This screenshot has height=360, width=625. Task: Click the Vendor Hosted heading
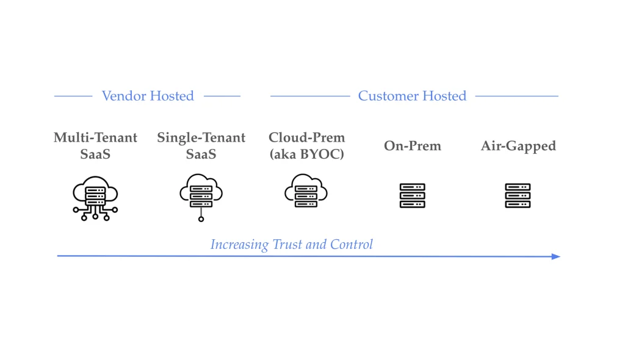[148, 96]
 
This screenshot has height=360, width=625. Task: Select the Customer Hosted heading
[412, 96]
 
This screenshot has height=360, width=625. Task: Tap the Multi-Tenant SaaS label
[95, 146]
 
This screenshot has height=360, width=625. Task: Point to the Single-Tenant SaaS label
[201, 146]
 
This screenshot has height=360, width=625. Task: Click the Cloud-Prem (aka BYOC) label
[306, 146]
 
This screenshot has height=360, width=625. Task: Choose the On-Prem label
[412, 146]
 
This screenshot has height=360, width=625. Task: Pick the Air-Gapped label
[518, 146]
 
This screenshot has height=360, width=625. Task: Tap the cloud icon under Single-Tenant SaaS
[201, 192]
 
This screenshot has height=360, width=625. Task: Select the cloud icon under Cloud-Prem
[306, 190]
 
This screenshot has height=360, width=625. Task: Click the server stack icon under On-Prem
[412, 196]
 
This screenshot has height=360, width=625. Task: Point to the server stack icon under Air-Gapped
[518, 196]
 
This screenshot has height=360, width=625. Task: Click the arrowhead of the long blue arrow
[556, 256]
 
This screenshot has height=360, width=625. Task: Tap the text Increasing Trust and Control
[291, 245]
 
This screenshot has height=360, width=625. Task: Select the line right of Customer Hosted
[516, 96]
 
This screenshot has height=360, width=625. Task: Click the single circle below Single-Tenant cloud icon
[201, 218]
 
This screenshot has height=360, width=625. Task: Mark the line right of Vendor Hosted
[222, 96]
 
